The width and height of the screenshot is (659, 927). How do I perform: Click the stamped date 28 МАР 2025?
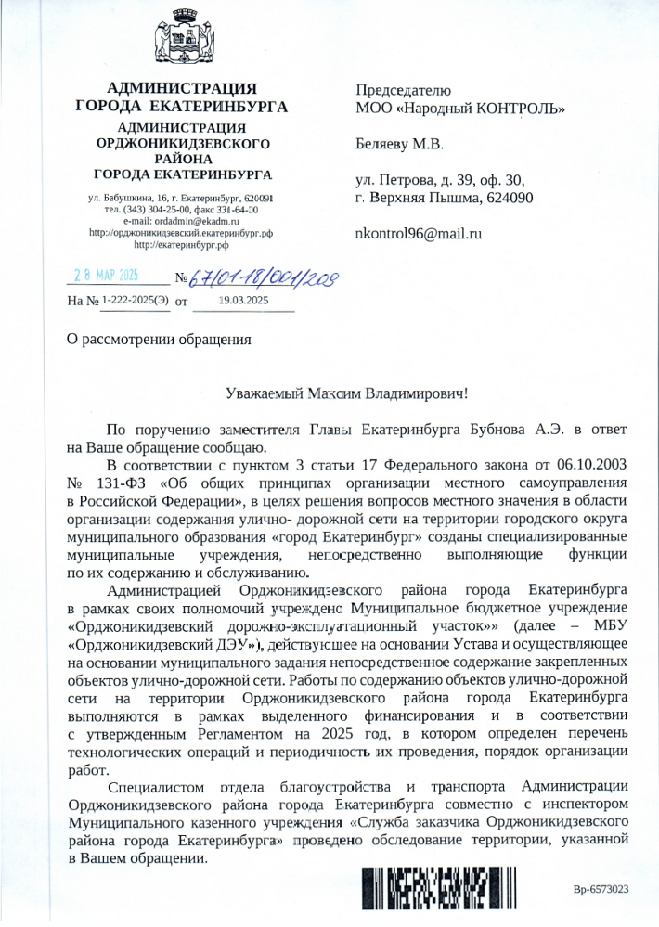tap(106, 276)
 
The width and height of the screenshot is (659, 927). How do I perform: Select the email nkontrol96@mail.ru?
tap(420, 234)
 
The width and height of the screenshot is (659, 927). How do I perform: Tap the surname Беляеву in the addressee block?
tap(383, 145)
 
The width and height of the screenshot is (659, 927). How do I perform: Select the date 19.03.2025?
tap(243, 300)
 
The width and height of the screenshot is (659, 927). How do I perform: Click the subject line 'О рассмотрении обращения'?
tap(160, 337)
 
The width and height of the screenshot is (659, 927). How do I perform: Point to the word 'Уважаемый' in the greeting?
tap(266, 393)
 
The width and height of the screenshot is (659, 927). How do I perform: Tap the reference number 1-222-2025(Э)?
tap(136, 300)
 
